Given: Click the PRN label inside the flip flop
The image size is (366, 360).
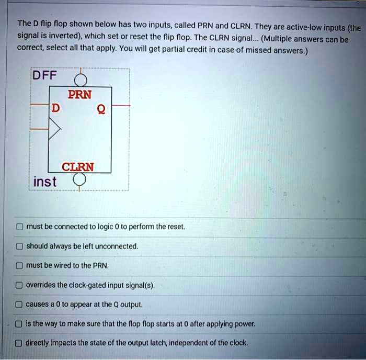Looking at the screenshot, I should click(79, 95).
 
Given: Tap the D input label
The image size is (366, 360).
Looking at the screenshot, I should click(55, 108).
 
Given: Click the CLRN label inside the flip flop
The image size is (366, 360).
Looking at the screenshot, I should click(78, 167).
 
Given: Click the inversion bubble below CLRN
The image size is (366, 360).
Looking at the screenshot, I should click(79, 181).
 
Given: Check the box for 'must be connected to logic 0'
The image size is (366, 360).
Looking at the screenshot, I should click(19, 227).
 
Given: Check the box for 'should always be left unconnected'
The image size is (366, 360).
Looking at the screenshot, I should click(19, 246).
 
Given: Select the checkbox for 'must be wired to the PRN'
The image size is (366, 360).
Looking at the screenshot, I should click(19, 266).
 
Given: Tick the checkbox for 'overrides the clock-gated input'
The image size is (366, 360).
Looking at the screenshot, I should click(19, 285).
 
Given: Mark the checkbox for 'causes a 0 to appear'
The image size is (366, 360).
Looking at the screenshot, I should click(19, 305).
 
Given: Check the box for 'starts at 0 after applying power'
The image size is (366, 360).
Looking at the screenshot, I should click(19, 324).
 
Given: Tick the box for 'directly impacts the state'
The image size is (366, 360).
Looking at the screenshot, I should click(19, 343).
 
